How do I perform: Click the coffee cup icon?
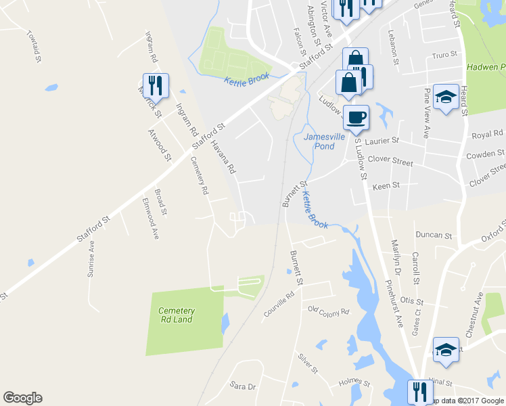click(x=356, y=117)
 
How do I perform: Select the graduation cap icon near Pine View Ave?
click(x=446, y=97)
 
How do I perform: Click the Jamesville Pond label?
click(x=319, y=141)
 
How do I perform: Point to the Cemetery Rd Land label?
click(x=177, y=315)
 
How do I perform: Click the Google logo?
click(x=22, y=398)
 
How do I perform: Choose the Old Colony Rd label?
click(x=327, y=311)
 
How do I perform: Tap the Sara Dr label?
click(x=242, y=386)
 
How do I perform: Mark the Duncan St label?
click(x=434, y=235)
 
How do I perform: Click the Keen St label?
click(x=386, y=185)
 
